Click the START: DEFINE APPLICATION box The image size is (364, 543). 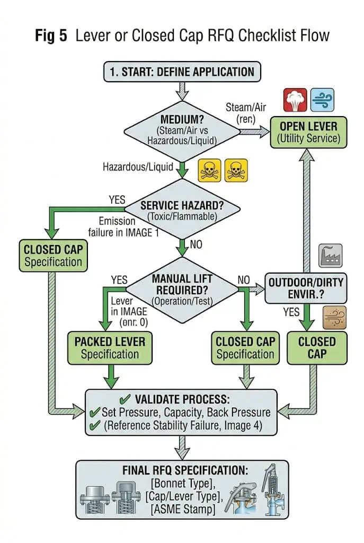pyautogui.click(x=182, y=72)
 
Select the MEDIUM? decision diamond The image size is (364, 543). pyautogui.click(x=182, y=132)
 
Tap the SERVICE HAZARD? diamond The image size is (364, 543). pyautogui.click(x=182, y=208)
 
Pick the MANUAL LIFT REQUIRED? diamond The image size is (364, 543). pyautogui.click(x=182, y=290)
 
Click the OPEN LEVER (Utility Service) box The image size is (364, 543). pyautogui.click(x=308, y=132)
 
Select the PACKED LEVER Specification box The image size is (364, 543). pyautogui.click(x=110, y=348)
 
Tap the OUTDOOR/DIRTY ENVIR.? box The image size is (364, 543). pyautogui.click(x=306, y=288)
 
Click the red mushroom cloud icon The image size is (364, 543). pyautogui.click(x=295, y=100)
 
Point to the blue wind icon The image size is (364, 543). pyautogui.click(x=322, y=100)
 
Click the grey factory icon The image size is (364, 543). pyautogui.click(x=331, y=256)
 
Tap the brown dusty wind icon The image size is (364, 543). pyautogui.click(x=334, y=318)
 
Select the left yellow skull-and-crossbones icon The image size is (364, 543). pyautogui.click(x=209, y=170)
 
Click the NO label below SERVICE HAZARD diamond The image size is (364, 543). pyautogui.click(x=196, y=244)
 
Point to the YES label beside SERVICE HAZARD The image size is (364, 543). pyautogui.click(x=117, y=200)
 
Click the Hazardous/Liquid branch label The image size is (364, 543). pyautogui.click(x=138, y=167)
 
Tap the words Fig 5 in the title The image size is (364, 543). pyautogui.click(x=51, y=36)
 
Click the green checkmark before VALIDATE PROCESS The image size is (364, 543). pyautogui.click(x=125, y=399)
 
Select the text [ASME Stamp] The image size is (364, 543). pyautogui.click(x=183, y=509)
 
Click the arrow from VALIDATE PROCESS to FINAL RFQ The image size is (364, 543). pyautogui.click(x=182, y=448)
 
